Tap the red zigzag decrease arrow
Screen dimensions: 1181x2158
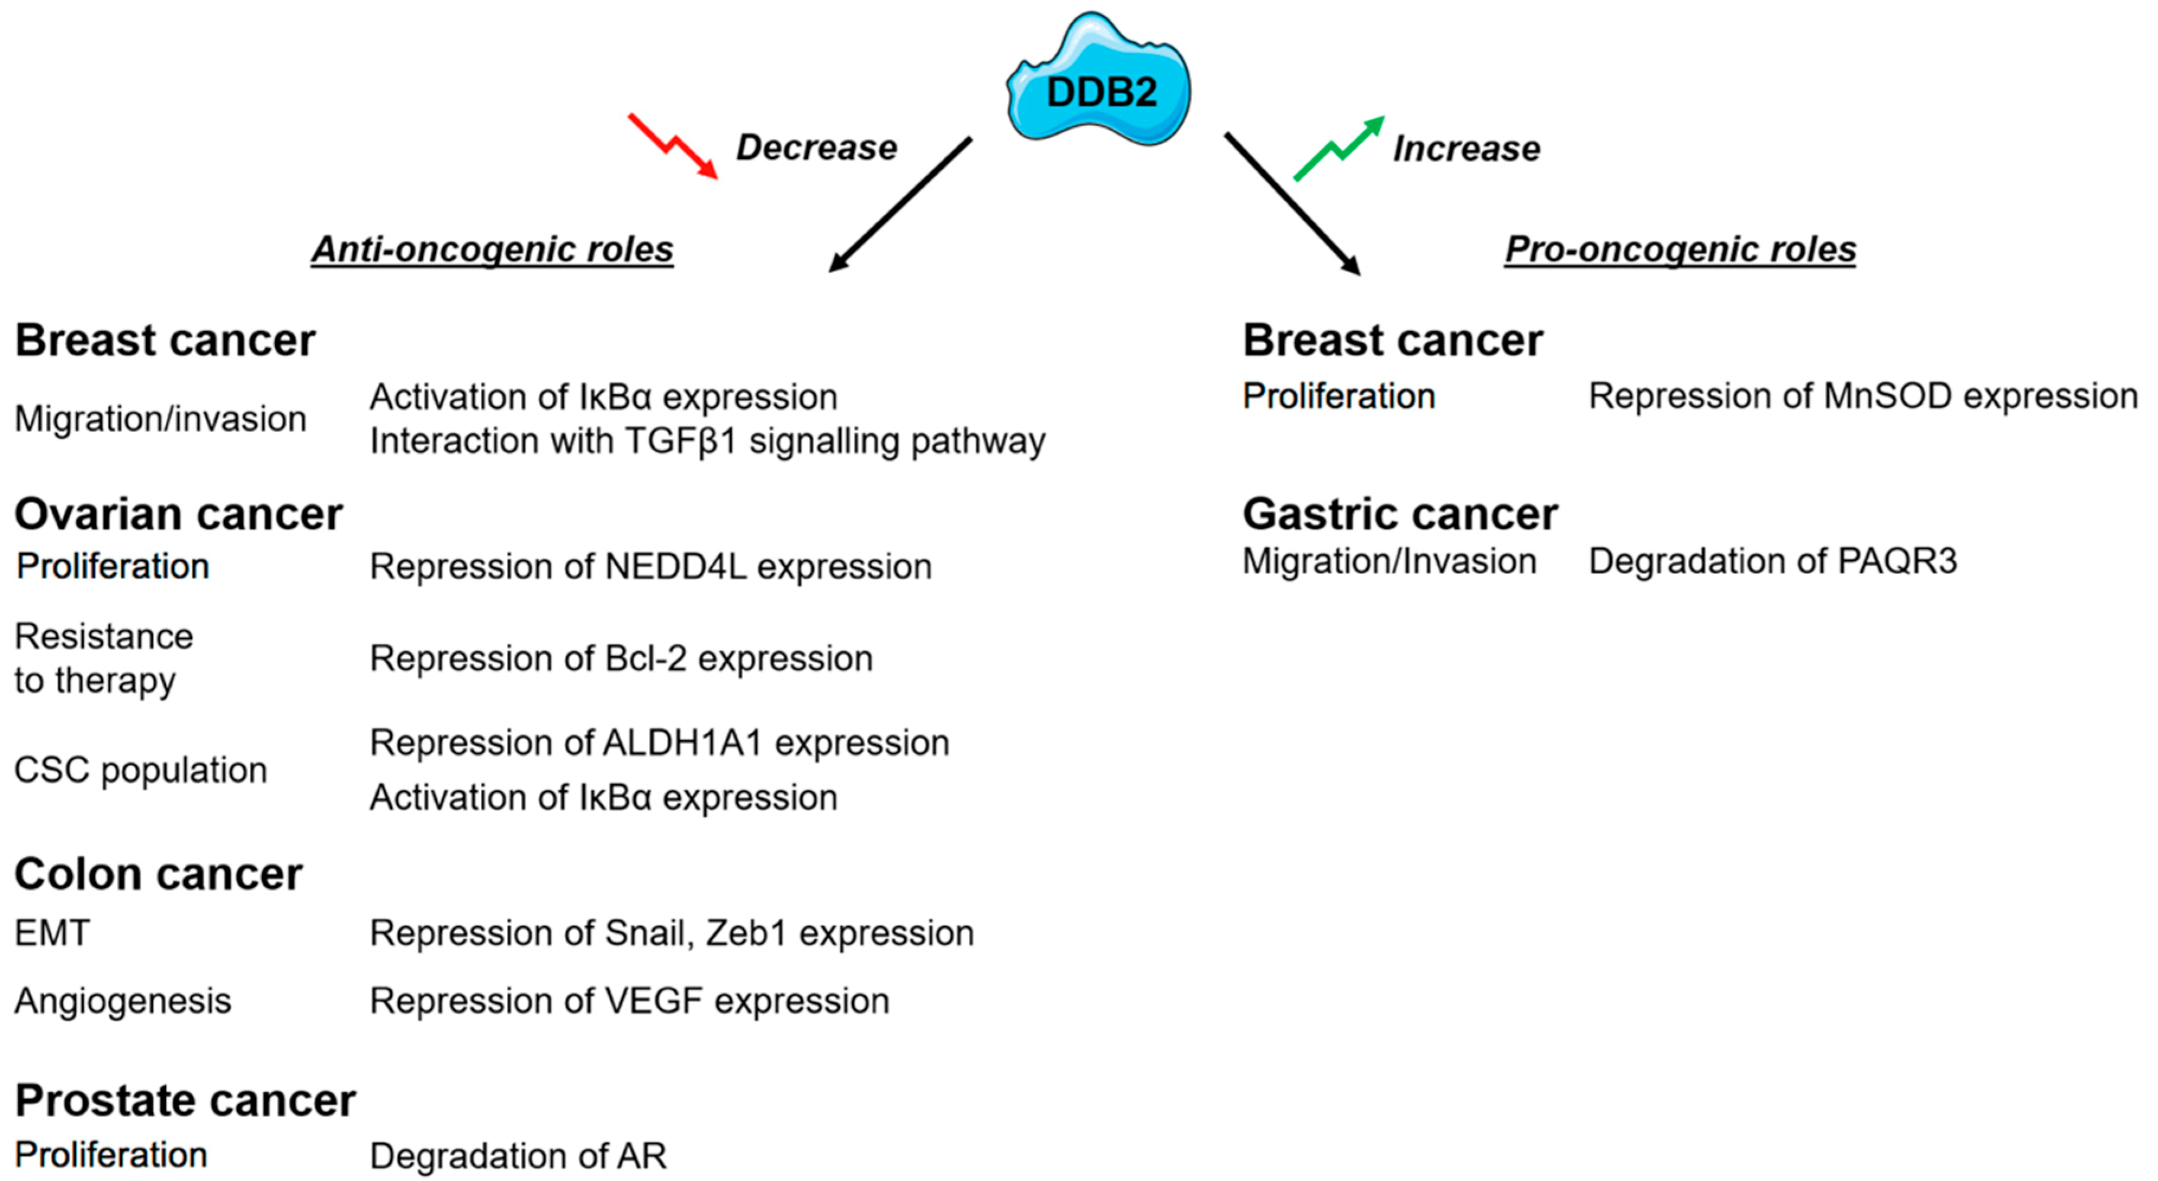673,147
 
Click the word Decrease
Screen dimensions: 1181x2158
816,148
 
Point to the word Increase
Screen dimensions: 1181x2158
1466,149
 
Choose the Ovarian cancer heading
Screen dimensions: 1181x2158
178,514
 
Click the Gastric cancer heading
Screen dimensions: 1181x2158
1400,514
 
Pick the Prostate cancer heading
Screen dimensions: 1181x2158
185,1100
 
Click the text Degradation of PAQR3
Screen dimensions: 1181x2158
1772,562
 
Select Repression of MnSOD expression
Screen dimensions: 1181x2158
1862,396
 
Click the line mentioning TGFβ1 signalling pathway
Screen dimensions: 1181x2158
707,441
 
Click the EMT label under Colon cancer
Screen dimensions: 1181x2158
52,933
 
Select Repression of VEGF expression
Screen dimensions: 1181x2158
629,1001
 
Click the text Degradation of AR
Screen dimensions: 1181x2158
518,1157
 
